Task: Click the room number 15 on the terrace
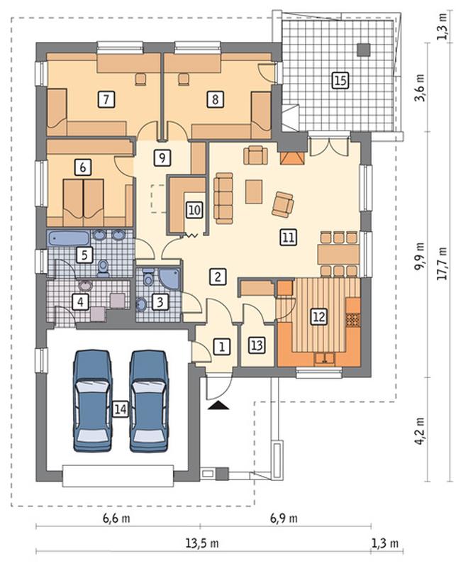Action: [340, 80]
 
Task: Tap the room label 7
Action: [106, 99]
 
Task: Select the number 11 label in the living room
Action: [289, 237]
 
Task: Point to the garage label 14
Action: [121, 409]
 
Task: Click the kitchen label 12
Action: [319, 316]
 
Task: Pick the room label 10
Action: [194, 210]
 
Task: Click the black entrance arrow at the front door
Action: [218, 406]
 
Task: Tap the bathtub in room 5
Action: [69, 238]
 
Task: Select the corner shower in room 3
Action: [169, 279]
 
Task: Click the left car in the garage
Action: [92, 401]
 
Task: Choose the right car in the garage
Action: [149, 401]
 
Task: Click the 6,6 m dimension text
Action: [116, 518]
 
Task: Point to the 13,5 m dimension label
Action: [202, 543]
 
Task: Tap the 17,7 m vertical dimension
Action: [442, 264]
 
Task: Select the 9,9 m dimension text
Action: [420, 256]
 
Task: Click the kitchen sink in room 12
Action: [325, 358]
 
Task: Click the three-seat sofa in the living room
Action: [223, 198]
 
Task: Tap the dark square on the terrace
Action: [363, 50]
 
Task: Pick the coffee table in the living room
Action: [254, 192]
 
